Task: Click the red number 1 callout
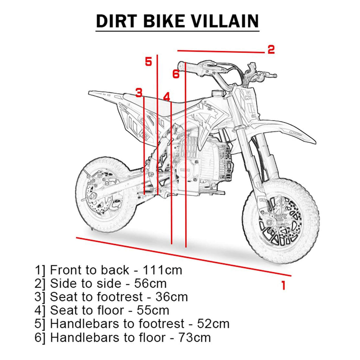tap(283, 285)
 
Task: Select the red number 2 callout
tap(271, 50)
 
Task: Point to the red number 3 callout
tap(139, 93)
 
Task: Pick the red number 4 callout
tap(166, 96)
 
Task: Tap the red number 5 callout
tap(149, 62)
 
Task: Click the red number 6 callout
tap(176, 74)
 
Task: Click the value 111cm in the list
tap(162, 270)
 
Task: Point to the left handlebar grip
tap(186, 66)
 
